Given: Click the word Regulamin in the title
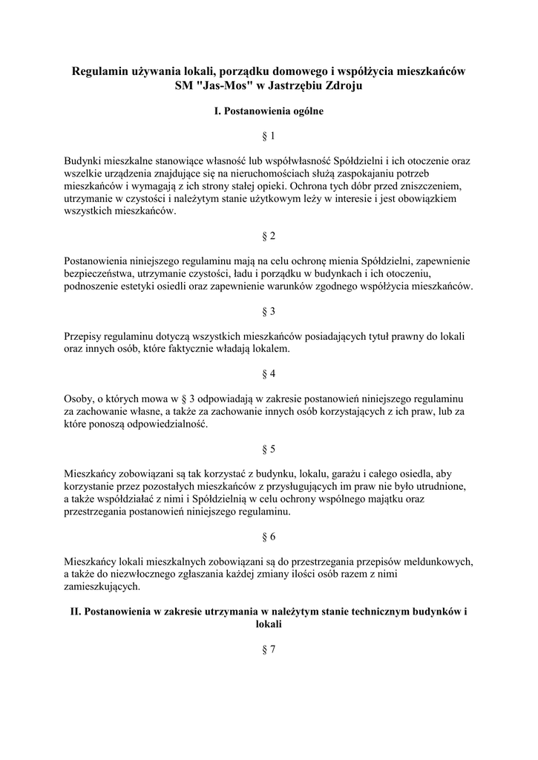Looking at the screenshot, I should click(x=102, y=71).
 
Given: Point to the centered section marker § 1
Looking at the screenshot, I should click(x=269, y=136).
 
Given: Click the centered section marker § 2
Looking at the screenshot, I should click(x=269, y=236).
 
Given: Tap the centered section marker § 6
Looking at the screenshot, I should click(x=269, y=536).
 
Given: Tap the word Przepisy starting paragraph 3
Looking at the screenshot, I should click(x=85, y=336).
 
